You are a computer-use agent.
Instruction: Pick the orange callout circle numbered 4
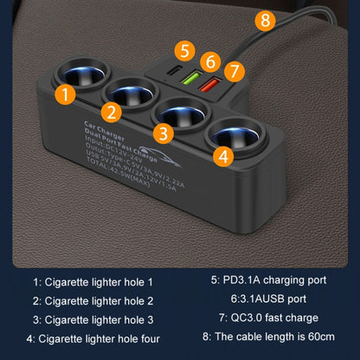223,157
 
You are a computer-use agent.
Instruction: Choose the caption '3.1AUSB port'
262,299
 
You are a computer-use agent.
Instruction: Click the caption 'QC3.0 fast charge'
262,318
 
